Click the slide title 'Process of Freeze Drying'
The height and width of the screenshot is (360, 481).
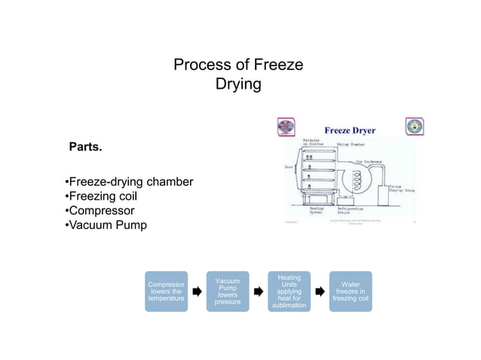[238, 75]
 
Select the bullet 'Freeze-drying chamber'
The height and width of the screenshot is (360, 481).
[129, 182]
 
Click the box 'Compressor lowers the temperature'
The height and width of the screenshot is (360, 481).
[166, 291]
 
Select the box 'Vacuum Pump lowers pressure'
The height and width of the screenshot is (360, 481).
[228, 291]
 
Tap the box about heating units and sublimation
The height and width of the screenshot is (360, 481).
[289, 291]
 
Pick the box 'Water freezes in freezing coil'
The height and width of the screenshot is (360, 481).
[351, 291]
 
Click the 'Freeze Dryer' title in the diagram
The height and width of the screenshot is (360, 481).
[350, 130]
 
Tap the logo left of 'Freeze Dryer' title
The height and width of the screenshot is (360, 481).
[286, 127]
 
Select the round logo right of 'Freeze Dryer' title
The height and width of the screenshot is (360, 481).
[415, 127]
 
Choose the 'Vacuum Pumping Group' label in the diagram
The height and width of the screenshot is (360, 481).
[404, 189]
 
